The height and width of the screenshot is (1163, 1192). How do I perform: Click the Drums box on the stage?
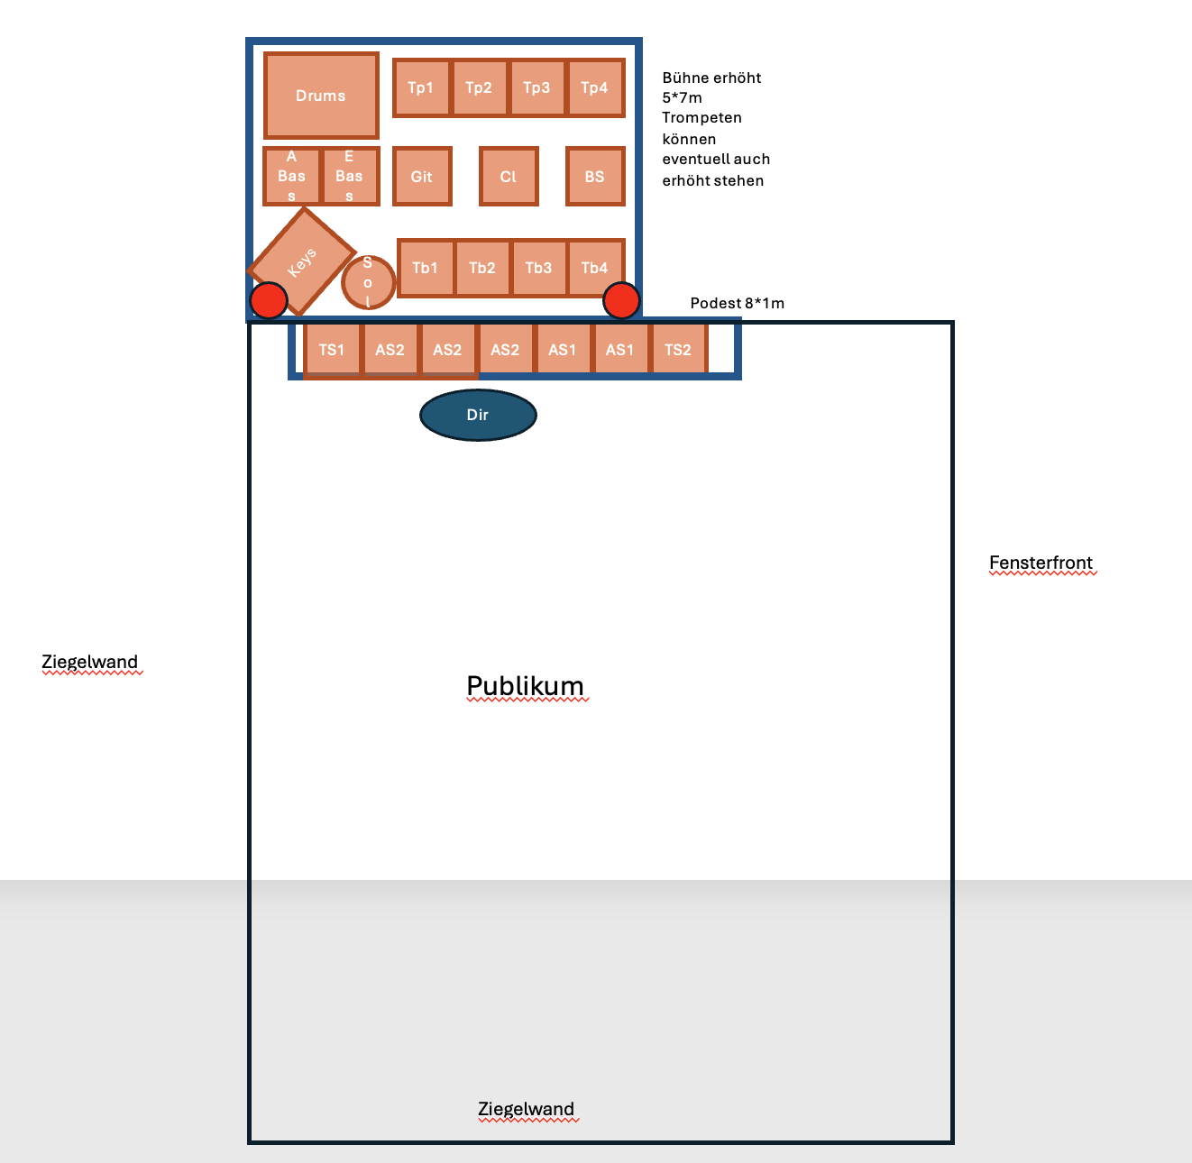tap(321, 96)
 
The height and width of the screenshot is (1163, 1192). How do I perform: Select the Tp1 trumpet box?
tap(421, 87)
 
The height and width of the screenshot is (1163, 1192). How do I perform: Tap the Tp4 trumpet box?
tap(596, 87)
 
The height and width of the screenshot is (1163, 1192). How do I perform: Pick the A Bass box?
tap(291, 176)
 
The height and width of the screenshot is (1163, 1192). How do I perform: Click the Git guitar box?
tap(422, 177)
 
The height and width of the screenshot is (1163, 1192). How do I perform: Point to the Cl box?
tap(509, 177)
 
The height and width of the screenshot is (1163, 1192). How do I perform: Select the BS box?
tap(595, 177)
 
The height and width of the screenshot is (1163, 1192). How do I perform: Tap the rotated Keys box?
tap(301, 261)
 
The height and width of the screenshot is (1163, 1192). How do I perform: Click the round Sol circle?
tap(368, 282)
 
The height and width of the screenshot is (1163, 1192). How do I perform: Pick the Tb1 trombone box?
tap(426, 268)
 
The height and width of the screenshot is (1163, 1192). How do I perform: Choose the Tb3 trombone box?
tap(539, 268)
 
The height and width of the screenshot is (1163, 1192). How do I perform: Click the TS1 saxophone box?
tap(332, 349)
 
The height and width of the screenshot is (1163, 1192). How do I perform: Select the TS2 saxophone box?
tap(678, 349)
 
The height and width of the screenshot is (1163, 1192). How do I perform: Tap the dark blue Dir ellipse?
tap(478, 415)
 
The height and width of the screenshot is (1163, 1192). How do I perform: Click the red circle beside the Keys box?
tap(269, 301)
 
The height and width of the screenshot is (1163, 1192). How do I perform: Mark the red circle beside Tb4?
tap(621, 301)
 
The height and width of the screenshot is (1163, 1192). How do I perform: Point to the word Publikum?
tap(526, 686)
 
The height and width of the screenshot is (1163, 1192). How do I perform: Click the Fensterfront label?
tap(1041, 563)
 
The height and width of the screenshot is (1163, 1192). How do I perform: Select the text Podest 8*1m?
tap(737, 303)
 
